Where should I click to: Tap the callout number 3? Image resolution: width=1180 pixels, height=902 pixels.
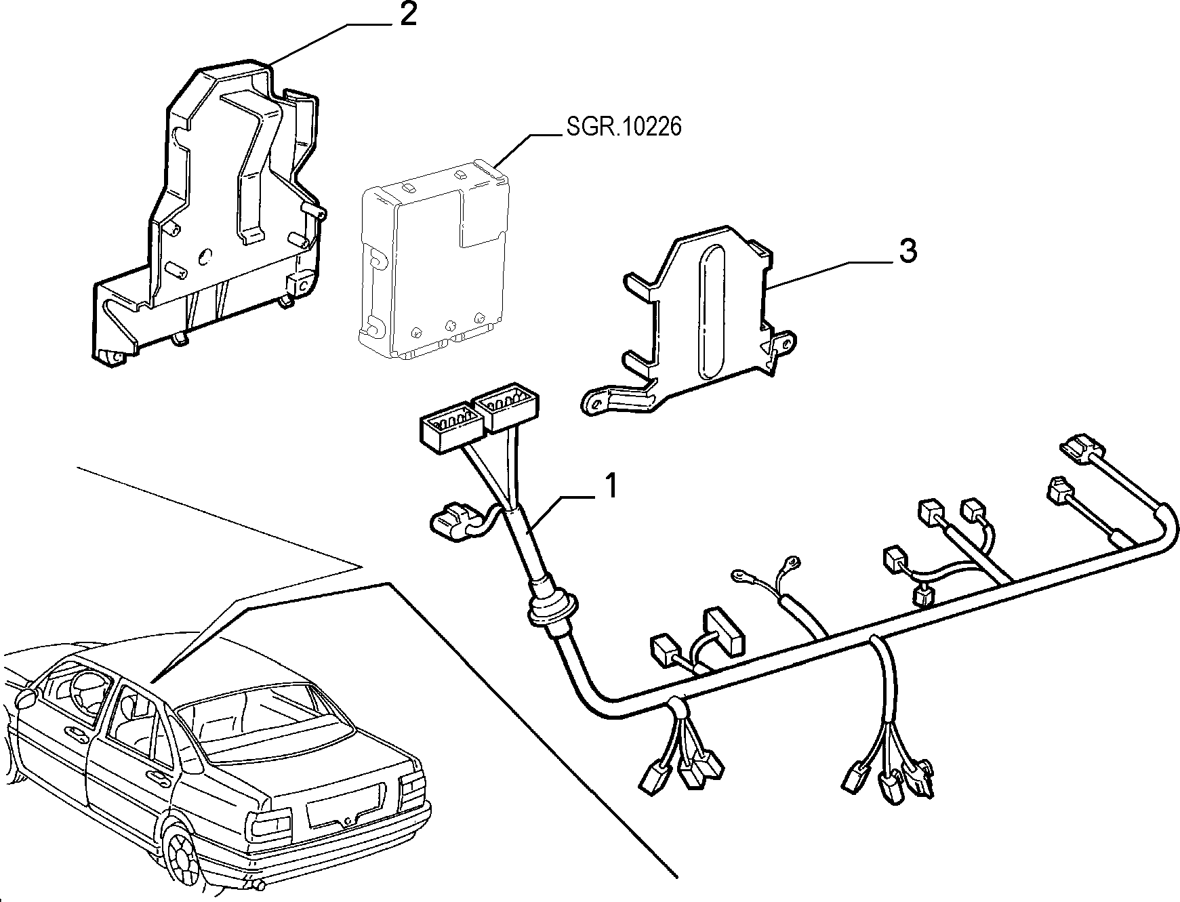coord(908,251)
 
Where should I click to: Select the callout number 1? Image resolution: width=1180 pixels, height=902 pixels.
coord(611,487)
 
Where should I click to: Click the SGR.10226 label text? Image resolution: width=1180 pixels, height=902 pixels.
coord(622,127)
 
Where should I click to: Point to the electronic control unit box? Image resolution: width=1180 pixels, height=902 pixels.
coord(432,258)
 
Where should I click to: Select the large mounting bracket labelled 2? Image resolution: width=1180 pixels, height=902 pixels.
coord(207,210)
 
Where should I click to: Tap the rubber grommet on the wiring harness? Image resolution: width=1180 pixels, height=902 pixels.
coord(550,608)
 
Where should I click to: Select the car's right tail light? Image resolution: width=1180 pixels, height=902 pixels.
coord(413,786)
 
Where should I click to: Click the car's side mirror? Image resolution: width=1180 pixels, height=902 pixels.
coord(26,698)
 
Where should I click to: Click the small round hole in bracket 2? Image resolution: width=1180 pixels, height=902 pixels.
coord(206,257)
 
